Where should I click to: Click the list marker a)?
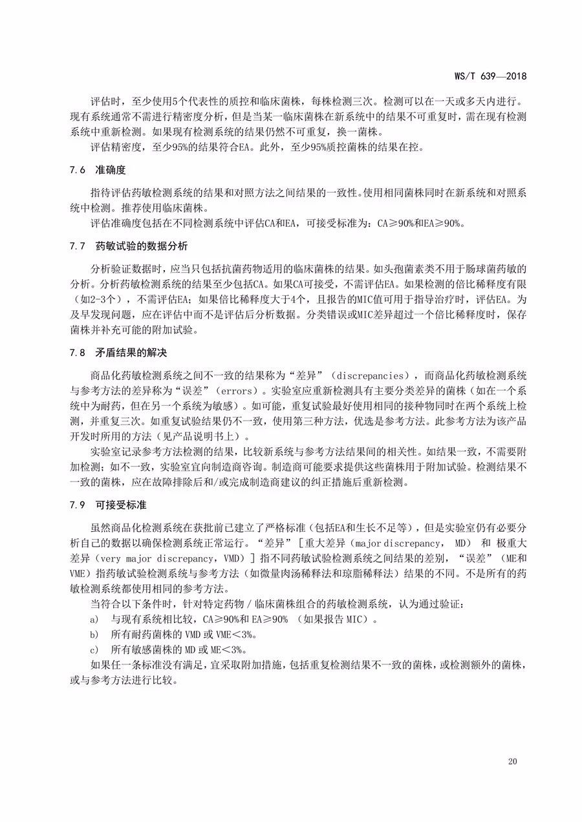point(95,620)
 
